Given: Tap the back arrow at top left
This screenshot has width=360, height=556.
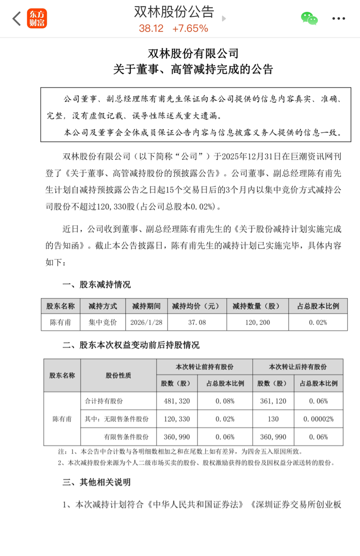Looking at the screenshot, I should (x=17, y=19).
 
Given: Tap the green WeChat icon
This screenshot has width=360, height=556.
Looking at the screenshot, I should (x=309, y=18).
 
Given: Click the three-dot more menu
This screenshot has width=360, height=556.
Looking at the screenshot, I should (x=338, y=19).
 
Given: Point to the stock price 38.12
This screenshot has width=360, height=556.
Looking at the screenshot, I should (x=151, y=29).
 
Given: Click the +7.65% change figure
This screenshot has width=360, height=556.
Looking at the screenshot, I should (x=190, y=29).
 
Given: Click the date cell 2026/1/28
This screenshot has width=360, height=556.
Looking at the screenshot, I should (x=146, y=323).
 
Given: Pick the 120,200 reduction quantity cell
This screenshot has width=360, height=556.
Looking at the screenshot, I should (x=257, y=323).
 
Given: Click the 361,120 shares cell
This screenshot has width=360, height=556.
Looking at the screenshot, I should (x=273, y=401).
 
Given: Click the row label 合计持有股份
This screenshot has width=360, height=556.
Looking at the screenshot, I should (x=104, y=401).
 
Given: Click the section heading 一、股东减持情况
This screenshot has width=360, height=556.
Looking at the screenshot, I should (x=97, y=285).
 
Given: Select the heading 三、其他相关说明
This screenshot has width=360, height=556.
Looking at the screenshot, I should (x=97, y=482).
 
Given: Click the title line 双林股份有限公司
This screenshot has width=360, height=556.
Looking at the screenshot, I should (x=193, y=53).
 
